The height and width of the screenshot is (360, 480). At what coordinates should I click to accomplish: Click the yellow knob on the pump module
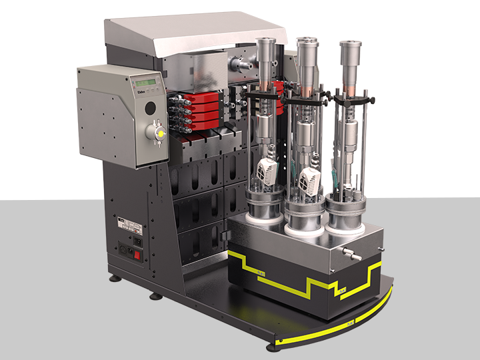coord(159,134)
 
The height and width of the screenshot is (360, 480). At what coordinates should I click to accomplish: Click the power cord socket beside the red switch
coord(125,251)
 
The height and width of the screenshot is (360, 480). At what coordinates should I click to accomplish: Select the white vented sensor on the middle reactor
coord(309,180)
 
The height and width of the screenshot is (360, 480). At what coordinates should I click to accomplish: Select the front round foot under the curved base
coord(272,348)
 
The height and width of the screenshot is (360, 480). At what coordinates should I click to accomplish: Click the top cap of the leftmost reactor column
coord(266,45)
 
